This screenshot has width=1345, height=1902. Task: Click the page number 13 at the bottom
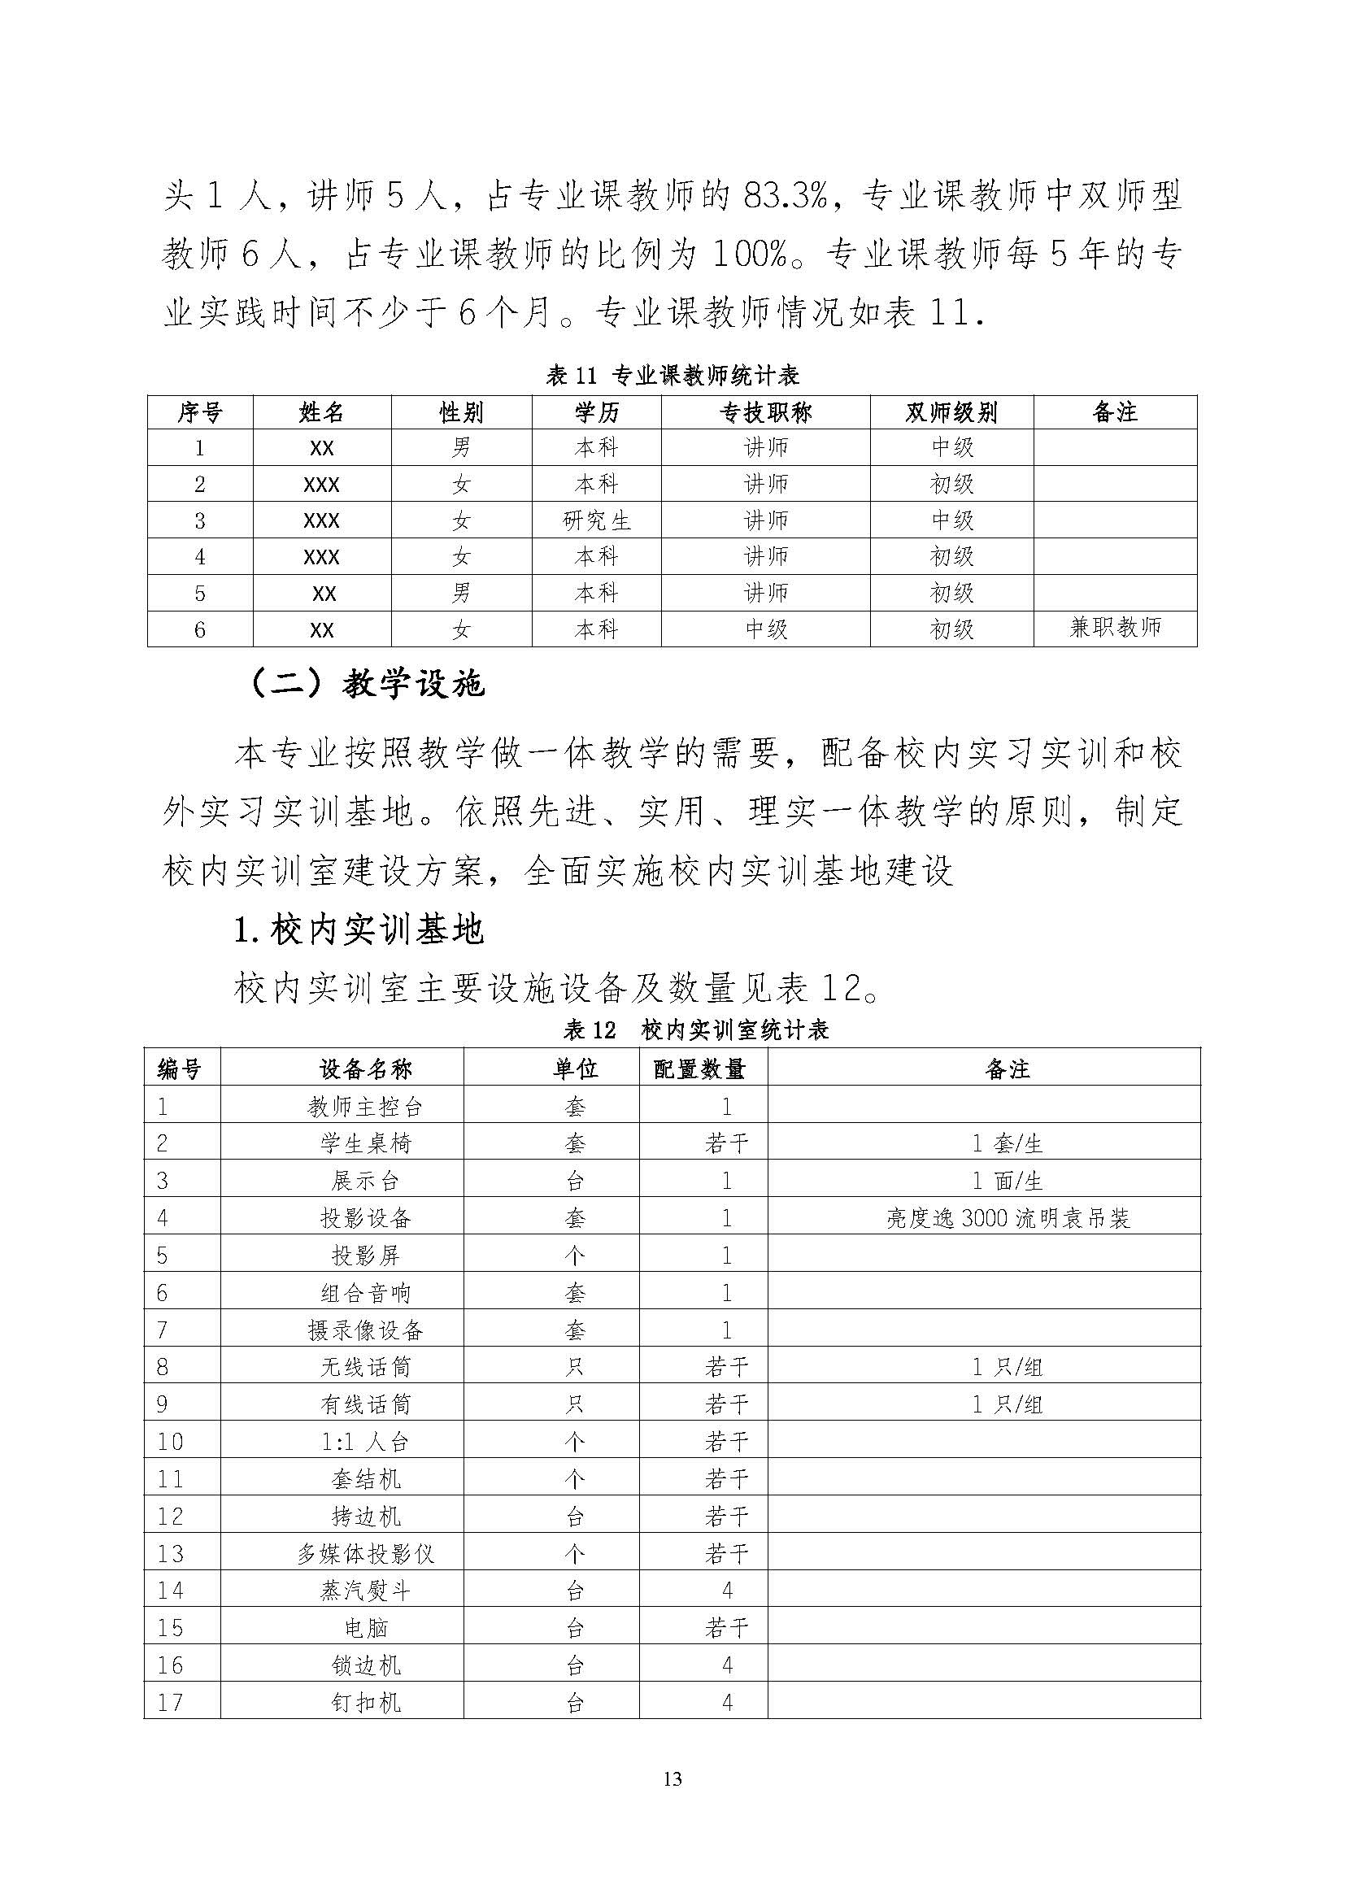tap(672, 1778)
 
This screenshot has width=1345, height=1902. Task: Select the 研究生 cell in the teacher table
tap(596, 520)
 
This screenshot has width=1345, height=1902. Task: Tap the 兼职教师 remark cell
tap(1115, 627)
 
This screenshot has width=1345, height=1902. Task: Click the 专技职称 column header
tap(765, 412)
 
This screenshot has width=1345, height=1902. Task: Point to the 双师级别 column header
tap(951, 412)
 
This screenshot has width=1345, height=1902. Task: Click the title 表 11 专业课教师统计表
tap(672, 376)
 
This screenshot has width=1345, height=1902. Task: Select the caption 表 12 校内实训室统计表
tap(696, 1029)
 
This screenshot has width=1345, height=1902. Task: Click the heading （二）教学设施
tap(366, 684)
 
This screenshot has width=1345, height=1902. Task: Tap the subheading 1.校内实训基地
tap(358, 930)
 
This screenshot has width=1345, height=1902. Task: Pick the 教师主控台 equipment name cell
tap(365, 1106)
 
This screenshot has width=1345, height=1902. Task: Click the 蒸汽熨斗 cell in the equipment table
tap(365, 1590)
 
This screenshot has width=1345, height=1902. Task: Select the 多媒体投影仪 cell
tap(365, 1553)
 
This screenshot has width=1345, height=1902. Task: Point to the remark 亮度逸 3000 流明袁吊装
tap(1007, 1218)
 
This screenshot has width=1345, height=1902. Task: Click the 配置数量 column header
tap(700, 1069)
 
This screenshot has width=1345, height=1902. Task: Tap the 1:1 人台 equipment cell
tap(365, 1442)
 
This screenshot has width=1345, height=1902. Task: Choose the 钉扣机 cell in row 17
tap(365, 1702)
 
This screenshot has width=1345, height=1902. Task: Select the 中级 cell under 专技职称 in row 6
tap(765, 629)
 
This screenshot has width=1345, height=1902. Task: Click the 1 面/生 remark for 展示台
tap(1007, 1181)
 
